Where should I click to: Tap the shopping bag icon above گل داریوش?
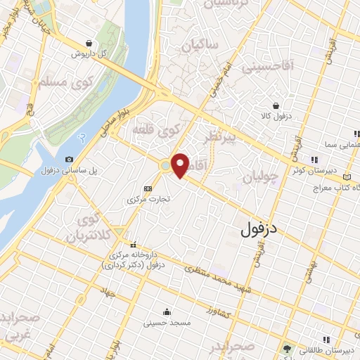pyautogui.click(x=87, y=43)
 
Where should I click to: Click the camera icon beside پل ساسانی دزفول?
pyautogui.click(x=69, y=160)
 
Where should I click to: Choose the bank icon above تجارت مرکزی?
pyautogui.click(x=148, y=188)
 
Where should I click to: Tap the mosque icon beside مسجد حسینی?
pyautogui.click(x=167, y=312)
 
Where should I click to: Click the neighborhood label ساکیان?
pyautogui.click(x=200, y=46)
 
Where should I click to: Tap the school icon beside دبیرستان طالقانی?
pyautogui.click(x=286, y=349)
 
